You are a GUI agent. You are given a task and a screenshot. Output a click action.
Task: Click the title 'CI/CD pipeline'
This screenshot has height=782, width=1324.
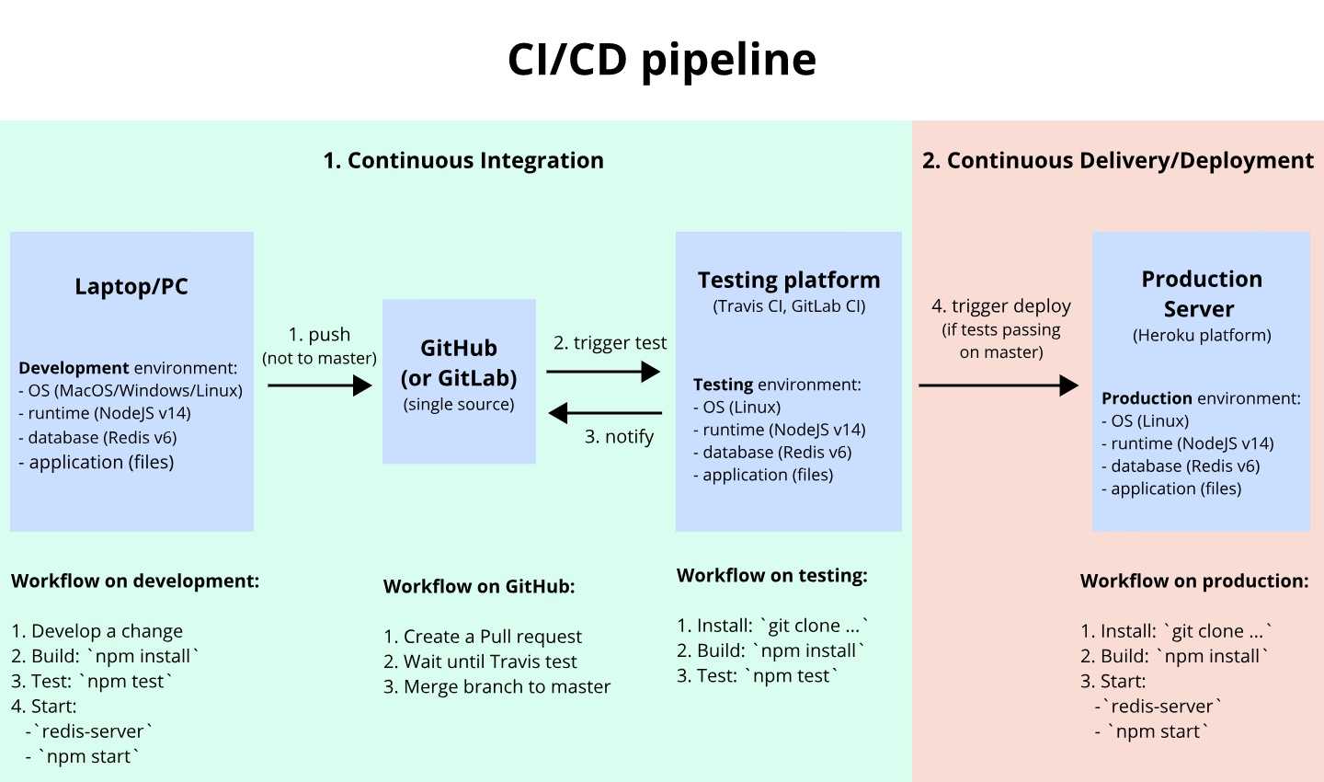point(662,61)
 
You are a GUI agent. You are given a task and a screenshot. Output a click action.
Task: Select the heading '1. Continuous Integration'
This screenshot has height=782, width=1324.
point(463,160)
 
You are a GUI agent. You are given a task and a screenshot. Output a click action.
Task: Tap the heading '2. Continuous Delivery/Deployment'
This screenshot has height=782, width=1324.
point(1118,161)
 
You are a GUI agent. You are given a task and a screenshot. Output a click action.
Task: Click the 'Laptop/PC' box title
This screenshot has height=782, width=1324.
point(131,286)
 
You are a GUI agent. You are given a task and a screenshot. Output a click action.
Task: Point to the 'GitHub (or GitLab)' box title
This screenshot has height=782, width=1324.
point(459,363)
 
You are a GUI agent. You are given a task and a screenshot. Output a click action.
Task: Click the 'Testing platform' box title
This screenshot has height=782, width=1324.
point(789,280)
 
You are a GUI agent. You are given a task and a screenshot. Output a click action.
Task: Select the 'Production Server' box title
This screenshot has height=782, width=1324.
point(1201,294)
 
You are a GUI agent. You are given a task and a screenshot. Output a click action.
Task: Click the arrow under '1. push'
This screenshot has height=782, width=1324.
point(320,385)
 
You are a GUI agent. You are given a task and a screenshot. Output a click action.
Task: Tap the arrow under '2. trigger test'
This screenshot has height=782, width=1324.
point(603,372)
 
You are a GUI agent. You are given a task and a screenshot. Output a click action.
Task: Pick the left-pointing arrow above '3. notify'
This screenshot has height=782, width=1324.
point(605,413)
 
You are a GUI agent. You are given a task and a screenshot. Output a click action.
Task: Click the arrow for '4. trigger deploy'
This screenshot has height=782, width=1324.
point(999,385)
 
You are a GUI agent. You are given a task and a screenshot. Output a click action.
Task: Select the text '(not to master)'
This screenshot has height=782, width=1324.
point(319,359)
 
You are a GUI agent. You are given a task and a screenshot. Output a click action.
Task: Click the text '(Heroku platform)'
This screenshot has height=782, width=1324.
point(1202,336)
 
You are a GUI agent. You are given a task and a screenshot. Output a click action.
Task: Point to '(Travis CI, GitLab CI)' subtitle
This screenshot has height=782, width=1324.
point(789,306)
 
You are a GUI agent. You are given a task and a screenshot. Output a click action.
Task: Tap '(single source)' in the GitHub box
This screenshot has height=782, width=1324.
point(459,405)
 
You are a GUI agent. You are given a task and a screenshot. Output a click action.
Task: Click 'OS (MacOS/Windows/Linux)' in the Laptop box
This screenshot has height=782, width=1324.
point(135,391)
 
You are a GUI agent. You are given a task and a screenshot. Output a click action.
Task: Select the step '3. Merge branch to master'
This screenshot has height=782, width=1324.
point(496,686)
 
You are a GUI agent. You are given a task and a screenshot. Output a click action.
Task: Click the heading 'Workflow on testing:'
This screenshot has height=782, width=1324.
point(772,576)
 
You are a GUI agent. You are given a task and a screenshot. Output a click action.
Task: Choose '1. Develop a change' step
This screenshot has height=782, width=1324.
point(97,631)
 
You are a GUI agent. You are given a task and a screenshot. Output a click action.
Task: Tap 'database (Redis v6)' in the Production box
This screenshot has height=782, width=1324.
point(1185,466)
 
